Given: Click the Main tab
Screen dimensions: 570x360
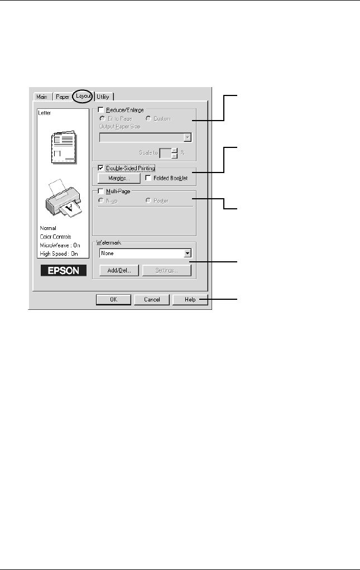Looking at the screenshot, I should (41, 97).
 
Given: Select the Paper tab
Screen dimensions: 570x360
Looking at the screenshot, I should (62, 97).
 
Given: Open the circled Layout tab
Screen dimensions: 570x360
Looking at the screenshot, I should (83, 97).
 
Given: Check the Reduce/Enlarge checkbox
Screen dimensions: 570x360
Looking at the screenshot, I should (101, 111).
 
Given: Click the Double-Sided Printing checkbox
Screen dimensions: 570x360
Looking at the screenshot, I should (101, 167).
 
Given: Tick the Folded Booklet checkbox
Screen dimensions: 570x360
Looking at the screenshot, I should (148, 179).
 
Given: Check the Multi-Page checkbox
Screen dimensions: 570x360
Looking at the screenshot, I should (101, 191).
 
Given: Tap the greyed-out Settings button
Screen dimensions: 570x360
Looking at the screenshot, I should (166, 271).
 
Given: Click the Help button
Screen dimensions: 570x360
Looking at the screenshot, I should (190, 300).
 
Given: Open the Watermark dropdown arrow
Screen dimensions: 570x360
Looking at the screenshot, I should (188, 253).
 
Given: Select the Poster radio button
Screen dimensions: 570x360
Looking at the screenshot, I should (148, 200).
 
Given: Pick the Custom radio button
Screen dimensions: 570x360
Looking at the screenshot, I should (148, 118).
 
